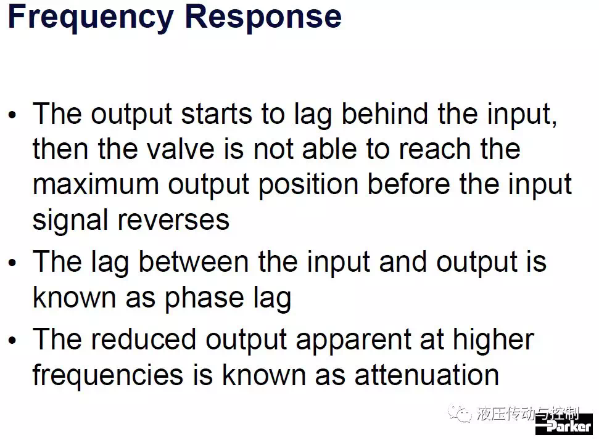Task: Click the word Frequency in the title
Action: (91, 18)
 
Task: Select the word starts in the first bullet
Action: (217, 114)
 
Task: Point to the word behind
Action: (384, 114)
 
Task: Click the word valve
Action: (181, 149)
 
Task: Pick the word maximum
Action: (96, 185)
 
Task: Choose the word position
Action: (308, 185)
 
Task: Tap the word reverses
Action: (173, 221)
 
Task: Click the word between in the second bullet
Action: (193, 262)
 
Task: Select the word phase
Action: (204, 298)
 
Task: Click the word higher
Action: (493, 340)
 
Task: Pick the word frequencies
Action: (108, 375)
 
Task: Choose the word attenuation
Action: (427, 375)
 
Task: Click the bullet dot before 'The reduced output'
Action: (12, 340)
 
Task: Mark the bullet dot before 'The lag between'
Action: (12, 263)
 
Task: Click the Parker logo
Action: (564, 425)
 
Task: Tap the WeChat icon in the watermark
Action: (460, 414)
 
